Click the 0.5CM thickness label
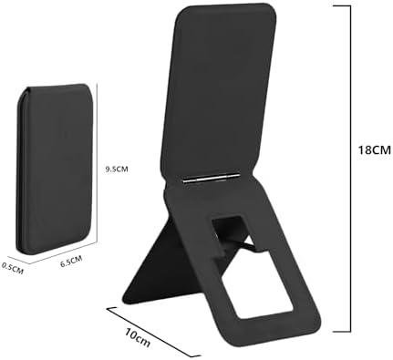pos(13,267)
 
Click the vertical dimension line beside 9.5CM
pos(100,169)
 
